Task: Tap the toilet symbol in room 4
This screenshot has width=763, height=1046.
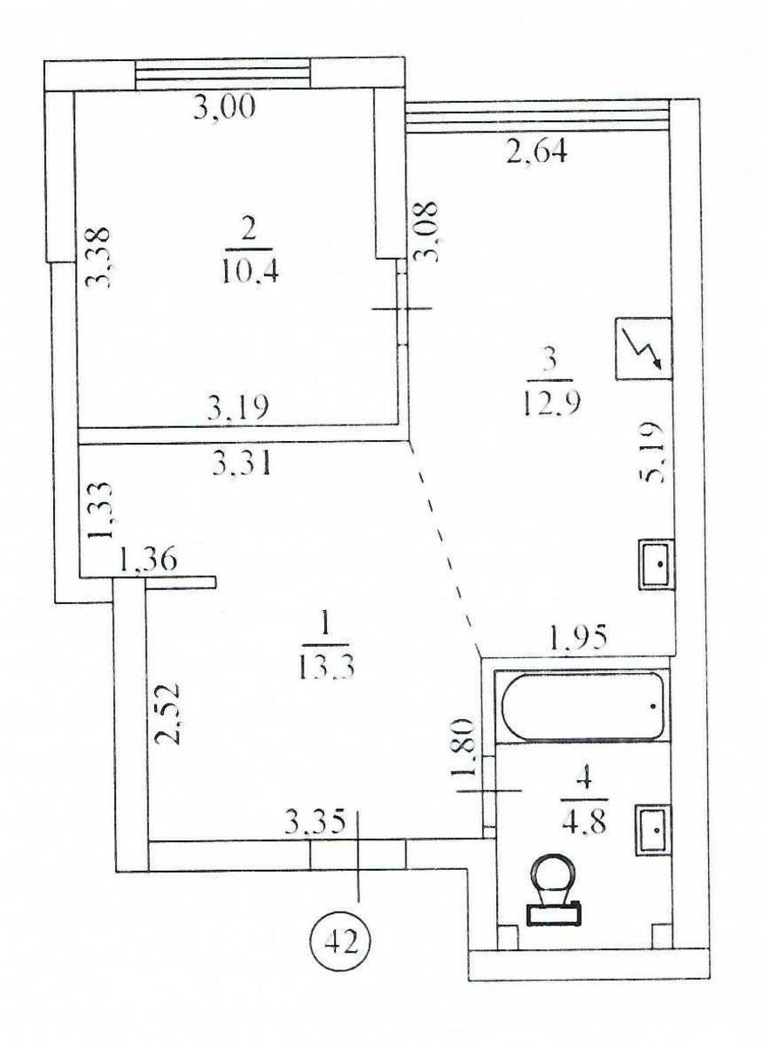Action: click(x=555, y=889)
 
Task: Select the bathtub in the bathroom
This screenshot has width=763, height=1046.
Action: click(x=582, y=706)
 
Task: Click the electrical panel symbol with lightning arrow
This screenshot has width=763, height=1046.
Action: click(x=643, y=348)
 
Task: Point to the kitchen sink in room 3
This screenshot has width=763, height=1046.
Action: click(x=656, y=564)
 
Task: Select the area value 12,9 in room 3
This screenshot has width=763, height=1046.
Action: click(x=550, y=402)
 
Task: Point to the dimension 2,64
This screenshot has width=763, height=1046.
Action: click(x=536, y=153)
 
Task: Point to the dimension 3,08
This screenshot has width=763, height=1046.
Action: click(x=427, y=231)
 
